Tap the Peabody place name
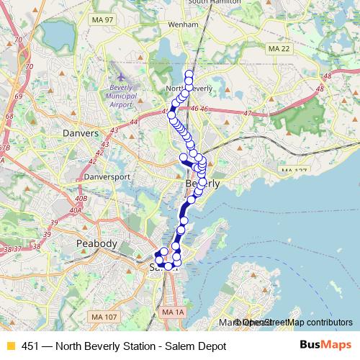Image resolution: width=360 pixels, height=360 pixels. (x=96, y=244)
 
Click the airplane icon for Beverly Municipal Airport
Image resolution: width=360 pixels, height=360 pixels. (x=120, y=76)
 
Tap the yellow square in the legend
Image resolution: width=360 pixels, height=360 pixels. (x=10, y=346)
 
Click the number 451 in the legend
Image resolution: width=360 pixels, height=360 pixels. (x=30, y=346)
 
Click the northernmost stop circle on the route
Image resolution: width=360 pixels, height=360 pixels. (x=189, y=73)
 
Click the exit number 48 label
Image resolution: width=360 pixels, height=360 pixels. (x=327, y=75)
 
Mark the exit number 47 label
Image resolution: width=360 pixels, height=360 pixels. (x=248, y=113)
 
